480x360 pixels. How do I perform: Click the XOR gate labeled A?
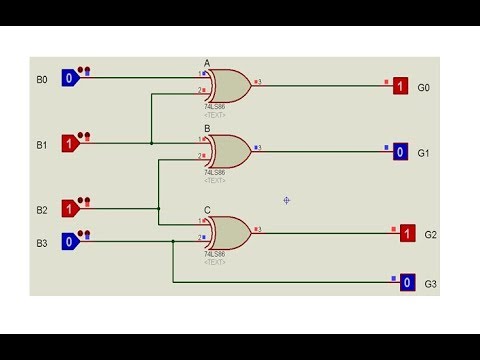(229, 85)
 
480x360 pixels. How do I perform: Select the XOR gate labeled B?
(229, 152)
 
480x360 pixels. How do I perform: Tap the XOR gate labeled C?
(229, 232)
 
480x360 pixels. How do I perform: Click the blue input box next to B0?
(69, 77)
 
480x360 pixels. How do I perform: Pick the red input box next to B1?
(69, 143)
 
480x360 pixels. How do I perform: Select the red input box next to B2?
(69, 209)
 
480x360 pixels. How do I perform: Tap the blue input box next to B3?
(69, 241)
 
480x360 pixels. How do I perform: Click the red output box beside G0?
(400, 86)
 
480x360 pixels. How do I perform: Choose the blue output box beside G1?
(400, 152)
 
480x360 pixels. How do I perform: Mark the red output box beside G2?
(407, 233)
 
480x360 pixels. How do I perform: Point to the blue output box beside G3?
(407, 283)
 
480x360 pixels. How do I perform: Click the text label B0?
(42, 78)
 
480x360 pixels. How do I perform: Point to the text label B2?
(42, 210)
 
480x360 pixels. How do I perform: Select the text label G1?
(423, 153)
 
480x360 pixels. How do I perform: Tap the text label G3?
(430, 284)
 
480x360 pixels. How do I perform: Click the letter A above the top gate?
(207, 63)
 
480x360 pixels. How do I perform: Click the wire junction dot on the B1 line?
(151, 143)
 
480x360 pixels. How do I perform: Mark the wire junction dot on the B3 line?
(173, 241)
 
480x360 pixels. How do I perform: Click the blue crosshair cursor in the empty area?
(286, 200)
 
